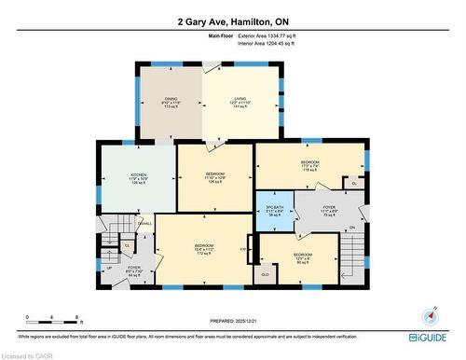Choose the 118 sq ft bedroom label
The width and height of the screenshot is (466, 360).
[x=310, y=166]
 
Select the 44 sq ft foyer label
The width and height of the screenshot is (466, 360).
[x=133, y=271]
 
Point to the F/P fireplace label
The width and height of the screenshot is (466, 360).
[x=244, y=249]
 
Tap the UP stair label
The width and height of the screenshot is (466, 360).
[x=110, y=267]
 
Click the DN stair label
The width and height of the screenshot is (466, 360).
[x=351, y=227]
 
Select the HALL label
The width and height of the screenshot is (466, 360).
[x=146, y=223]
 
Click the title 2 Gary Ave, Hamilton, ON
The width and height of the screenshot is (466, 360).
[x=232, y=21]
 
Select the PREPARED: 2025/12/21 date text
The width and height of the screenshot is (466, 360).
[x=233, y=321]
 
